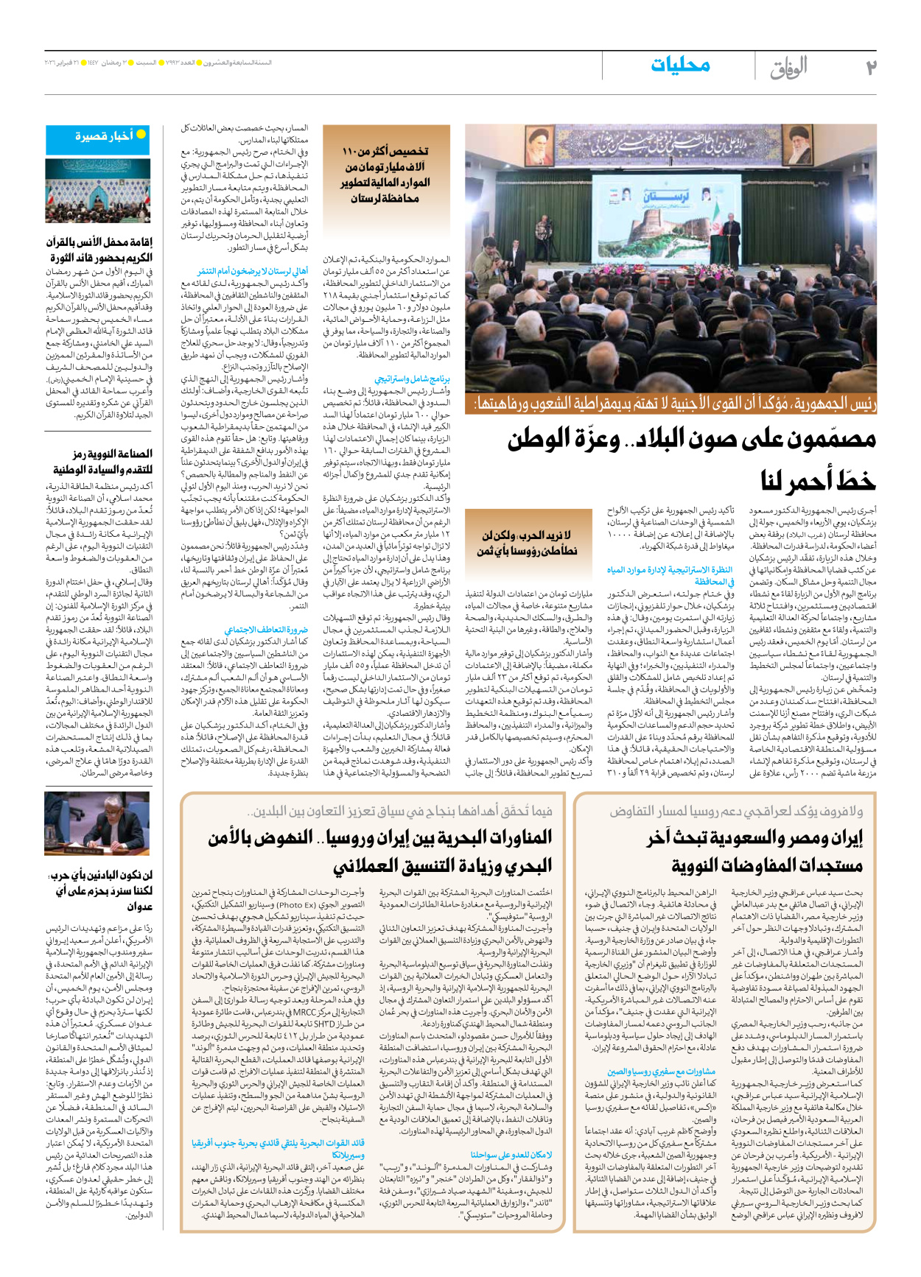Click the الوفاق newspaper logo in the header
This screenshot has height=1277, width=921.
(788, 68)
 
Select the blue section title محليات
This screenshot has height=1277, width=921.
(679, 65)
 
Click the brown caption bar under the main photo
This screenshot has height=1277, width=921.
(670, 404)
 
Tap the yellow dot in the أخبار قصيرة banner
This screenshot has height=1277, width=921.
(140, 135)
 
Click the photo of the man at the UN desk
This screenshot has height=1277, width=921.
(97, 823)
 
